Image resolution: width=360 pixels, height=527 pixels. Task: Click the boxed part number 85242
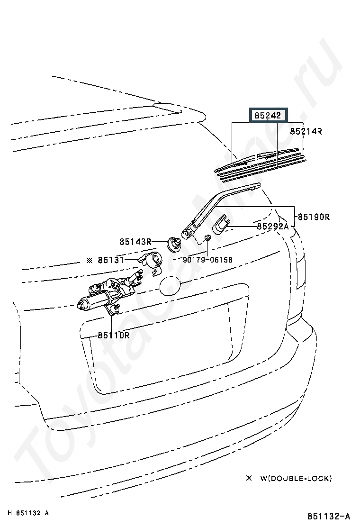268,115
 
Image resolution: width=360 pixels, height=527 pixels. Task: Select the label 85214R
306,131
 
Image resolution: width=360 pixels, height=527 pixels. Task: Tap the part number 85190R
314,217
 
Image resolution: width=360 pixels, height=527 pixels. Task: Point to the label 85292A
273,226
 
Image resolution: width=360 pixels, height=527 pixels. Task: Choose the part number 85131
111,260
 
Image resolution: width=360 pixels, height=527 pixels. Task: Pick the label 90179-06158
207,260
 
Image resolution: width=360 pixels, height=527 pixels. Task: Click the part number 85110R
114,335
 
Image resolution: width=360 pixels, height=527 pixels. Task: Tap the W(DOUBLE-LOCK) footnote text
296,478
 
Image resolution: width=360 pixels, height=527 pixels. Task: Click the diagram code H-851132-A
28,513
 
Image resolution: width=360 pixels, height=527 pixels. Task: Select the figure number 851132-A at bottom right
328,516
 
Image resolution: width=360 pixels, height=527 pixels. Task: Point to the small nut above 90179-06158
207,237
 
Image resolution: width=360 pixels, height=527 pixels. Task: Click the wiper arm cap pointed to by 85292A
221,225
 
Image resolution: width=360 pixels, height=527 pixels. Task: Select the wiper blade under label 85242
260,163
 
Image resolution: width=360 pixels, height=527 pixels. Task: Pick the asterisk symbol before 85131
90,260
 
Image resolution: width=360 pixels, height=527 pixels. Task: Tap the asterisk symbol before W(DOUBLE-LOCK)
249,478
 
